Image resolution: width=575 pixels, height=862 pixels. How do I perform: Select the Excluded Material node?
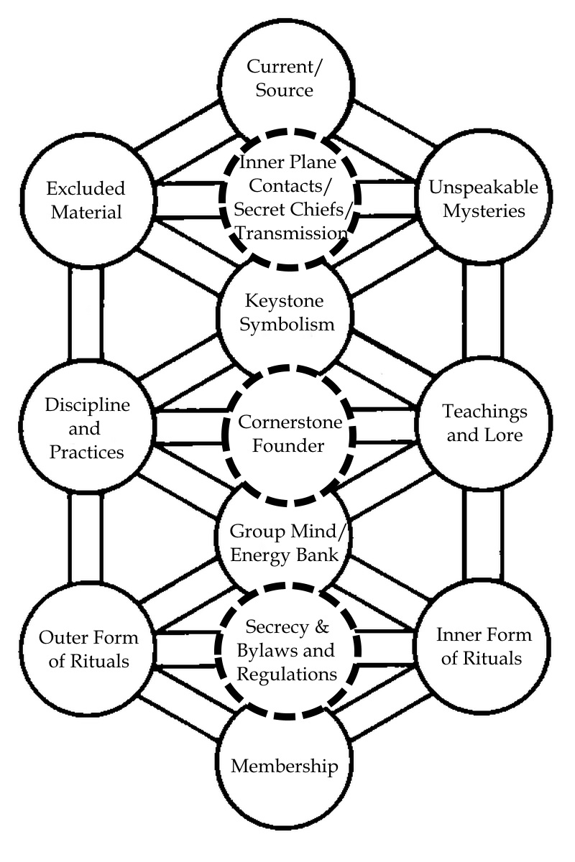tap(86, 201)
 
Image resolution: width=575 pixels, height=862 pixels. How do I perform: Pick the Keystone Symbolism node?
tap(286, 312)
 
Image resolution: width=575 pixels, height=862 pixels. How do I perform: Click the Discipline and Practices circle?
tap(87, 429)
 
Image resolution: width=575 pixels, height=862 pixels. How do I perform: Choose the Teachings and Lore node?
tap(484, 423)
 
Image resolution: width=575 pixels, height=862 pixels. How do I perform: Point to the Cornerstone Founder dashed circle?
tap(290, 433)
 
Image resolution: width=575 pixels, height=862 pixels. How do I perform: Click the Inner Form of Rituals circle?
tap(484, 646)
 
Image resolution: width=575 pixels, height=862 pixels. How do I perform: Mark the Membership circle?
tap(284, 766)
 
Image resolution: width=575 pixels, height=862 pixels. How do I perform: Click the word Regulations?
tap(287, 675)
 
